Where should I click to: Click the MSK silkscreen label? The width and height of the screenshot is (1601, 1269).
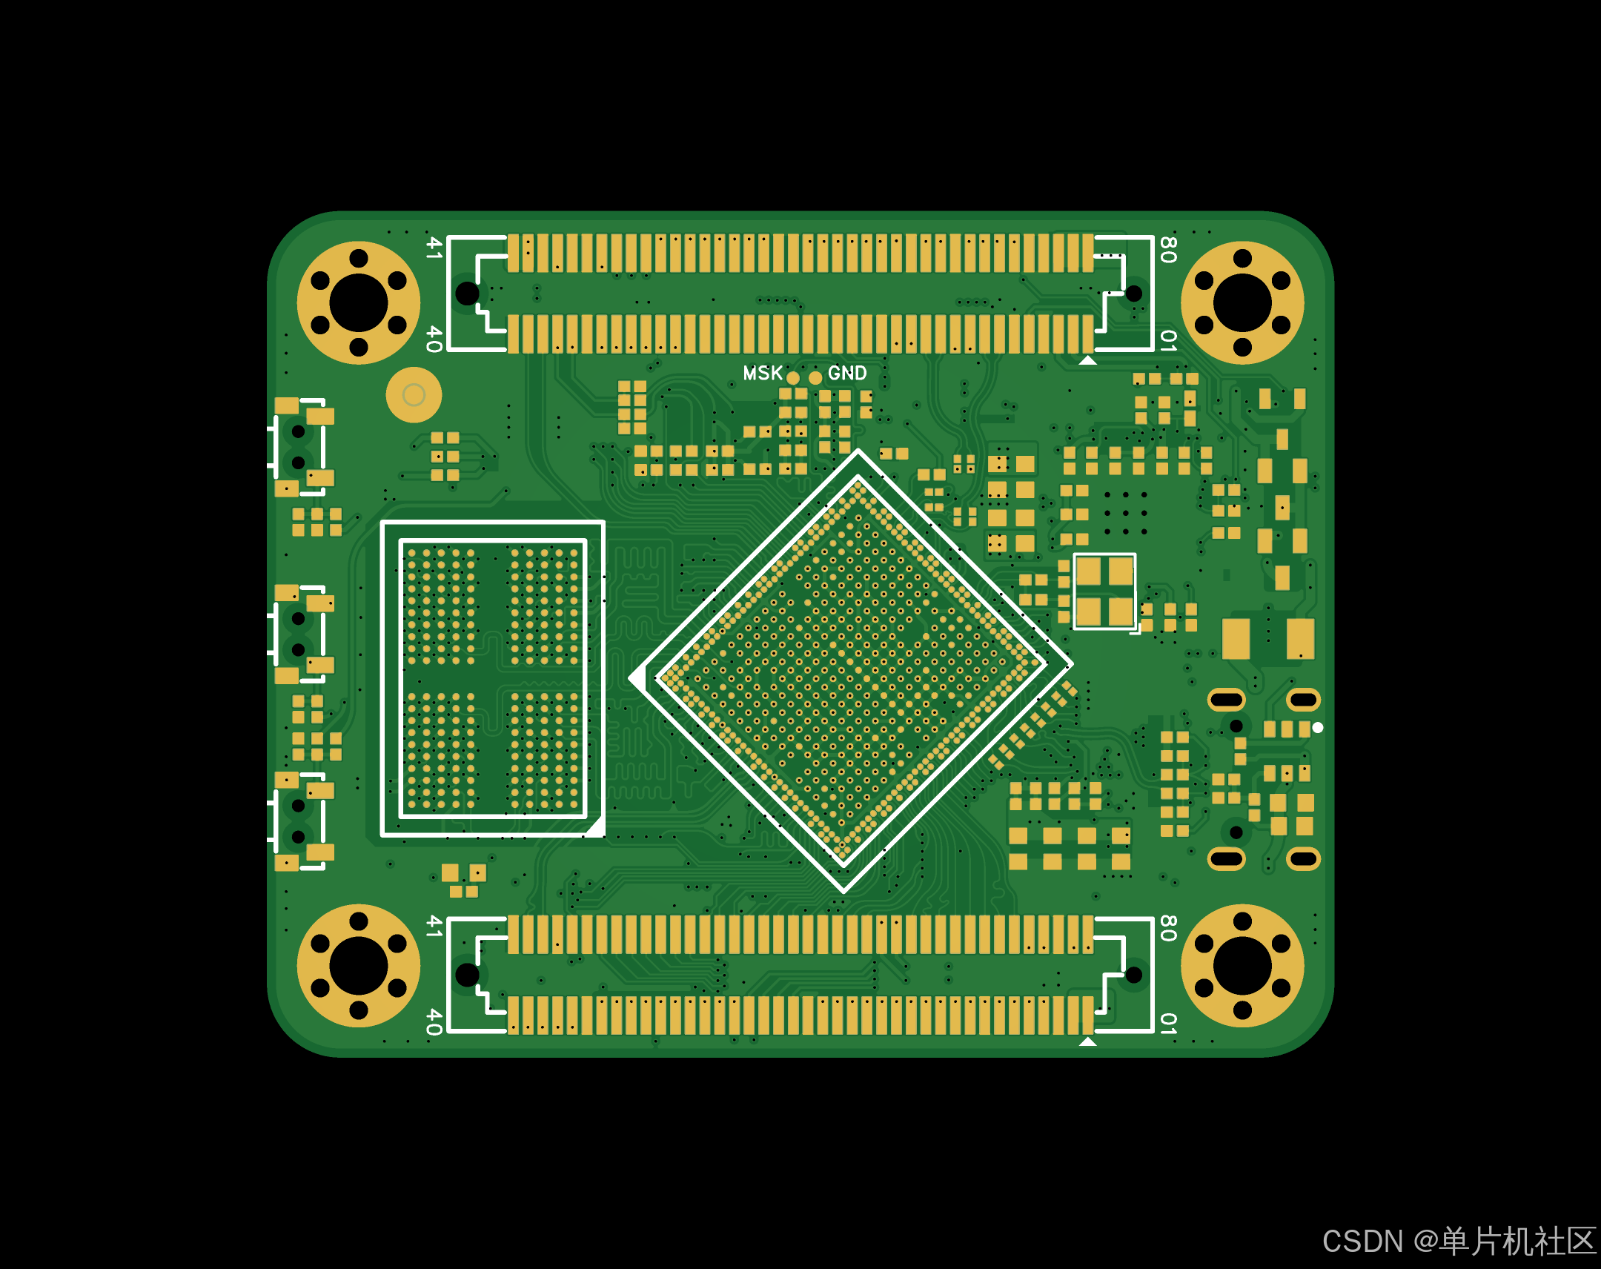tap(763, 373)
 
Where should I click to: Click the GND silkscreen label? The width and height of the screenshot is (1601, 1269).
tap(847, 373)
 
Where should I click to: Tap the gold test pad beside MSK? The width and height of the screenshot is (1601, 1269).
tap(793, 378)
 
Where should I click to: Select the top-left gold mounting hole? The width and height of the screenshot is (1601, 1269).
tap(359, 303)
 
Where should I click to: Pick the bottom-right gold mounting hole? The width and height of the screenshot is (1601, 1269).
tap(1242, 965)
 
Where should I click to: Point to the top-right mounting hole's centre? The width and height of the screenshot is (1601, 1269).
tap(1242, 303)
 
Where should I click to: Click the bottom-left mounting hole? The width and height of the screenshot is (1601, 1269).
tap(359, 965)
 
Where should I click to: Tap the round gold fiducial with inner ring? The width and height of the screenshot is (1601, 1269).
tap(414, 394)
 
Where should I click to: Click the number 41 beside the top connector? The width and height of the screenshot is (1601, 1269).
tap(434, 248)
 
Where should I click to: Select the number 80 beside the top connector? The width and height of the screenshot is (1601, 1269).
tap(1168, 250)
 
